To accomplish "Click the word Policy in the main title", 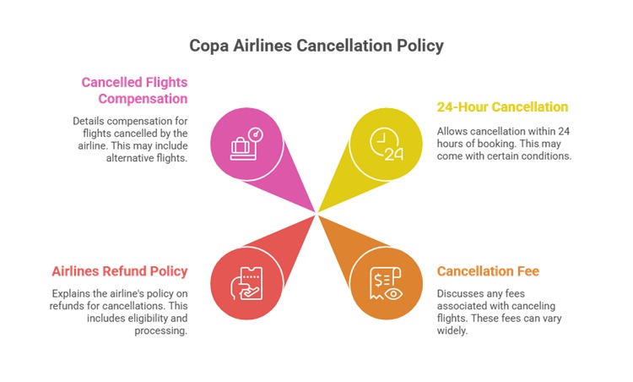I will click(x=420, y=46).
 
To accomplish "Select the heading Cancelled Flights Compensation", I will click(x=134, y=90).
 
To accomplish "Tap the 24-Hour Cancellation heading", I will click(x=502, y=107).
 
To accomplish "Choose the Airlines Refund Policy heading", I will click(x=120, y=271).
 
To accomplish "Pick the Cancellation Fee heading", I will click(x=488, y=271).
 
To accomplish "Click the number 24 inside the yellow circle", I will click(x=394, y=154).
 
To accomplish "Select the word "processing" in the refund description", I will click(x=160, y=330).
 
